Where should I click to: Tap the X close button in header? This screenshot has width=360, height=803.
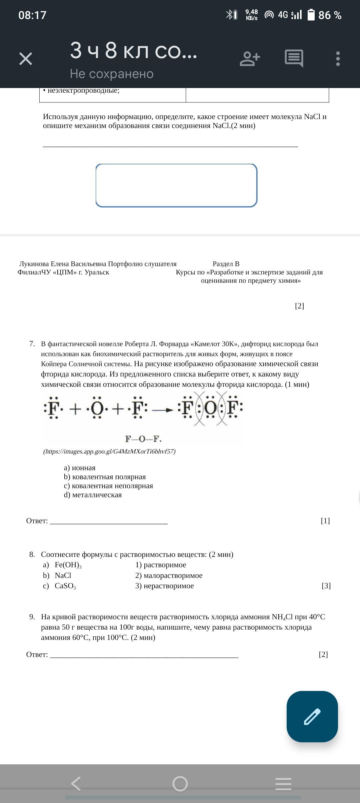point(26,59)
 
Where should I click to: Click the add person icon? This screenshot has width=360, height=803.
point(250,59)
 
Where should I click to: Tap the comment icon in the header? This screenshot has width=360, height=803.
point(294,58)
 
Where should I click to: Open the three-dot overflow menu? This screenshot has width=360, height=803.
point(338,59)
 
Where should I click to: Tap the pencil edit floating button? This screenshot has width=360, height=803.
point(312,716)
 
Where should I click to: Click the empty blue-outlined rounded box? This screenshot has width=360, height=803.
point(176,185)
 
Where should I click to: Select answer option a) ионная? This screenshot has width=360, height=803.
point(80,468)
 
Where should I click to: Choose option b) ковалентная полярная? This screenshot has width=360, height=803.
point(105,477)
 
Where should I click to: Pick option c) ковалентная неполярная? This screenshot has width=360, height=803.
point(108,486)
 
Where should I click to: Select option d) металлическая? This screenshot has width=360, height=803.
point(93,495)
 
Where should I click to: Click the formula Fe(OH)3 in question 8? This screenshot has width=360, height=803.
point(68,565)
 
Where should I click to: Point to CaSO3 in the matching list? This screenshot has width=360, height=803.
point(65,586)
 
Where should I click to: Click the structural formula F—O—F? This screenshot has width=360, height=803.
point(143,439)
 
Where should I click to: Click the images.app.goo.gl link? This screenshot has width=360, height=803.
point(109,452)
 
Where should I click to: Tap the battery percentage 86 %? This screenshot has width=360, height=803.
point(330,15)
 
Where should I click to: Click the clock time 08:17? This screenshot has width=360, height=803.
point(32,15)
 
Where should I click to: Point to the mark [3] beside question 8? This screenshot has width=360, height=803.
point(326,586)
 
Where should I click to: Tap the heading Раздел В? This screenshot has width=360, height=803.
point(226,264)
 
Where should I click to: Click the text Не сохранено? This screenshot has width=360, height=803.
point(112,74)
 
